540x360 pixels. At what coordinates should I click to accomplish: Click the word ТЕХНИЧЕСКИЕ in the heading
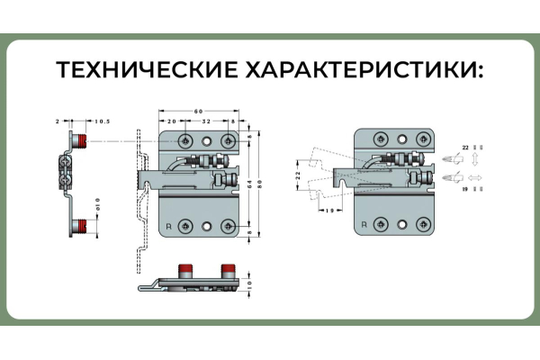144,70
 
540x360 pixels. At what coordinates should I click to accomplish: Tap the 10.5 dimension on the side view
103,120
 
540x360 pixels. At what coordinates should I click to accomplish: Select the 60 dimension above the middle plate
198,111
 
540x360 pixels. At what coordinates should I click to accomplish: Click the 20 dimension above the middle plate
171,120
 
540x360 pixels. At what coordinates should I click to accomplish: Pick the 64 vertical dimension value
246,184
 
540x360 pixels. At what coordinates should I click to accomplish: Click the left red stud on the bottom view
187,269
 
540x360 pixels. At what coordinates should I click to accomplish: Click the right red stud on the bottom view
228,269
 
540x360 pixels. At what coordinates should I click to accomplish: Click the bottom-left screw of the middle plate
185,225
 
